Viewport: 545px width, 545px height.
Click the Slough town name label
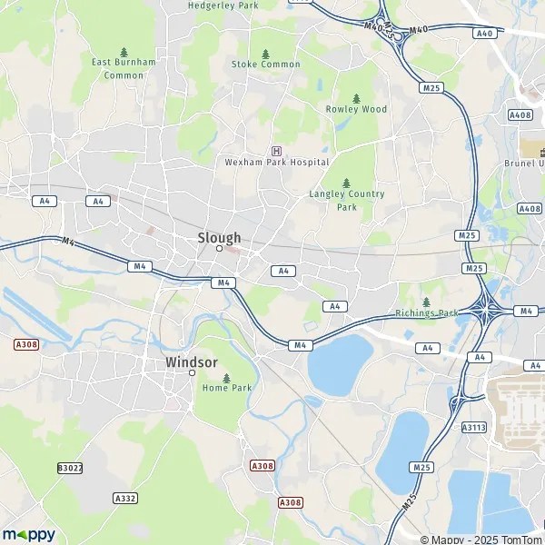pyautogui.click(x=219, y=238)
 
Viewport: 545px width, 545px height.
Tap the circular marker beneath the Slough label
pyautogui.click(x=219, y=248)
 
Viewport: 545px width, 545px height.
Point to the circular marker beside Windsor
pyautogui.click(x=192, y=372)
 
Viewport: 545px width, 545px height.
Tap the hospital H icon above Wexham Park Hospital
pyautogui.click(x=276, y=150)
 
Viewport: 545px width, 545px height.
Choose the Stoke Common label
pyautogui.click(x=265, y=64)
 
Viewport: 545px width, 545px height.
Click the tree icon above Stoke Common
pyautogui.click(x=265, y=54)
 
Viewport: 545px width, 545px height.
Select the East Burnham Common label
pyautogui.click(x=124, y=68)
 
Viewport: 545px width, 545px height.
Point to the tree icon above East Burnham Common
pyautogui.click(x=124, y=52)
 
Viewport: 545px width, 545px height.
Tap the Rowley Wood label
pyautogui.click(x=356, y=109)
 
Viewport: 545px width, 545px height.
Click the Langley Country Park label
pyautogui.click(x=347, y=200)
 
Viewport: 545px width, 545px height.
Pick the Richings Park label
pyautogui.click(x=428, y=313)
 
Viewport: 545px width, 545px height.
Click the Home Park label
pyautogui.click(x=227, y=388)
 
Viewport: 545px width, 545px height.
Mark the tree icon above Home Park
pyautogui.click(x=226, y=377)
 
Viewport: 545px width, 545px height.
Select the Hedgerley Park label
pyautogui.click(x=223, y=5)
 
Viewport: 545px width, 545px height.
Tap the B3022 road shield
pyautogui.click(x=69, y=468)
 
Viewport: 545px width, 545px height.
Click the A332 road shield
pyautogui.click(x=125, y=499)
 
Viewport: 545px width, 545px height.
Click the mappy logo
pyautogui.click(x=28, y=534)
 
